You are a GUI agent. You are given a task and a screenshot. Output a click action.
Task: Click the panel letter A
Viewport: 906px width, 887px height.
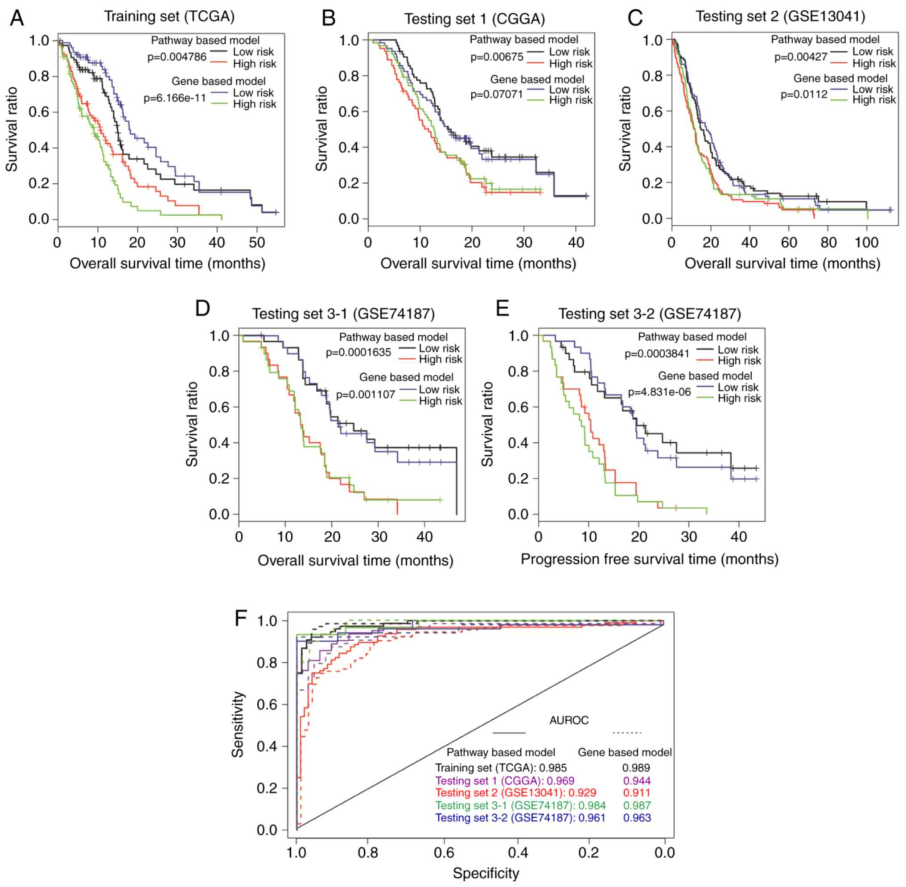point(17,19)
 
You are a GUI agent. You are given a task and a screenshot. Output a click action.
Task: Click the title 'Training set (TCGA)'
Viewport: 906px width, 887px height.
point(169,17)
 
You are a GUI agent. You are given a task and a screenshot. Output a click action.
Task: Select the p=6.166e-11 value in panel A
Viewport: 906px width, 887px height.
point(175,99)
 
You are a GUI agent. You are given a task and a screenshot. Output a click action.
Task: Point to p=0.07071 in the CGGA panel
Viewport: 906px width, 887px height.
point(497,95)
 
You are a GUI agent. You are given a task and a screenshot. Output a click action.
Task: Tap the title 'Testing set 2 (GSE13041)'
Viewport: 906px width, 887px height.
point(780,17)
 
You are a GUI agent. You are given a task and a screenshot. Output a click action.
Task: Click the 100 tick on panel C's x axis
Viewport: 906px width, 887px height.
point(867,243)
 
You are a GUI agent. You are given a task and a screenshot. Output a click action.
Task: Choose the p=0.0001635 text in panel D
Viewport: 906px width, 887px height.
point(358,353)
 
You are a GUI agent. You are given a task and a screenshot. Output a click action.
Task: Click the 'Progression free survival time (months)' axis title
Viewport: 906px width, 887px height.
point(649,559)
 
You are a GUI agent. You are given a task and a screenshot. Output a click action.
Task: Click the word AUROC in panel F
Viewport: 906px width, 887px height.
point(569,720)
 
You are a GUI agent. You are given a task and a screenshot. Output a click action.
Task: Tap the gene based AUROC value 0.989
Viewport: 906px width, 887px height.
point(636,768)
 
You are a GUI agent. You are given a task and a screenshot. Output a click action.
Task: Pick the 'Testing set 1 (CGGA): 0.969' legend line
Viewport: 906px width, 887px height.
point(504,781)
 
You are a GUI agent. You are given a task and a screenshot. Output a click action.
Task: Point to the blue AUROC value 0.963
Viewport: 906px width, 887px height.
point(637,818)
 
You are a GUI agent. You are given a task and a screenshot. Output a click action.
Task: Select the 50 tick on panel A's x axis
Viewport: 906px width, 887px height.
point(257,243)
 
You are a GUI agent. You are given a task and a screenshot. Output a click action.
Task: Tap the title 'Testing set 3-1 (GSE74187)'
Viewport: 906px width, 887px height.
point(343,314)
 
